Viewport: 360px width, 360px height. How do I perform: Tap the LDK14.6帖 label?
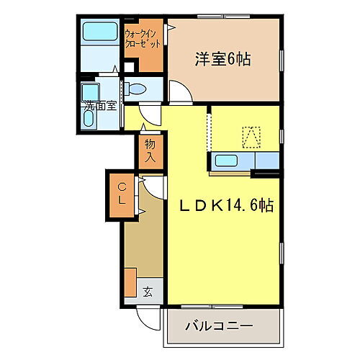point(225,205)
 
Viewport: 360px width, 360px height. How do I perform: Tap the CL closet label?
point(122,194)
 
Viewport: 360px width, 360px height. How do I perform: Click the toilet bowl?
point(136,89)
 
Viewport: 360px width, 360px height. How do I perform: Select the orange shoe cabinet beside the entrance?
point(130,281)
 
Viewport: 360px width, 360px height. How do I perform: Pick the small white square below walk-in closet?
point(129,68)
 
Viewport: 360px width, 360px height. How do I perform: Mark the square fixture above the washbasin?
point(90,91)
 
